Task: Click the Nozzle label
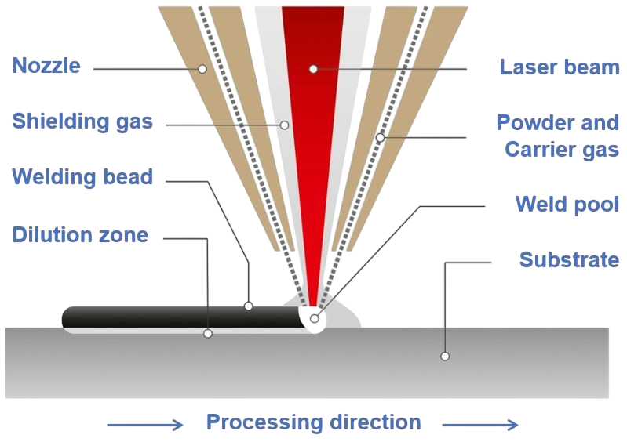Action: tap(46, 66)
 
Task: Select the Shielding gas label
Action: tap(82, 121)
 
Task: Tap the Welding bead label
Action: tap(82, 177)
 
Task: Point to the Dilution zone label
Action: tap(80, 235)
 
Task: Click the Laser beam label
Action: tap(560, 67)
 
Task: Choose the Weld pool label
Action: tap(567, 205)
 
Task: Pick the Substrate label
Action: tap(570, 259)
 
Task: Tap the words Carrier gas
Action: tap(562, 150)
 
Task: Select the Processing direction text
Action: tap(314, 422)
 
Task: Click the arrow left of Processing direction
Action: tap(145, 425)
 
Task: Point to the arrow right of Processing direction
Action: tap(480, 425)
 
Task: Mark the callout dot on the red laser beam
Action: tap(314, 69)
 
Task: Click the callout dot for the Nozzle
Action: tap(202, 69)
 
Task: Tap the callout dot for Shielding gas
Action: tap(284, 125)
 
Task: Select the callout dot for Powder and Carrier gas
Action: tap(381, 138)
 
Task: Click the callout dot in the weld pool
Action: tap(315, 319)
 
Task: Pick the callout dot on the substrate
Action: tap(445, 356)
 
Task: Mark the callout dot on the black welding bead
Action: tap(249, 306)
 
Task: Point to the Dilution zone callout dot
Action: tap(208, 333)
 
